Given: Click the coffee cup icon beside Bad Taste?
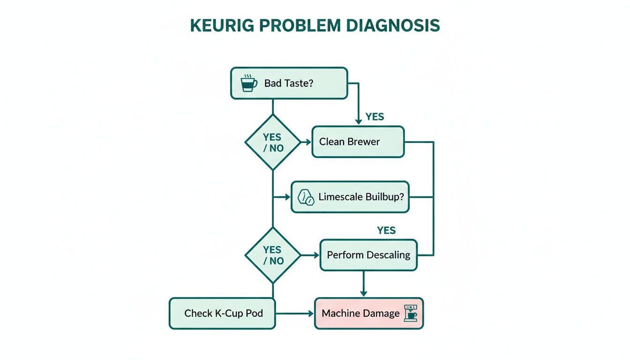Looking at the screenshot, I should pos(248,83).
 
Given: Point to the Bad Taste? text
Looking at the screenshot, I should pos(289,83).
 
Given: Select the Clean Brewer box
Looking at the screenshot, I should pos(358,142).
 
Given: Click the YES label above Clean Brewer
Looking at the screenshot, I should pos(375,117).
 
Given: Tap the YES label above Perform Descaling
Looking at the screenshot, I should pos(386,231).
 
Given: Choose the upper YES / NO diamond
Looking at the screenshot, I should pos(272,142).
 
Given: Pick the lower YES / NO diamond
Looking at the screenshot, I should pos(272,255).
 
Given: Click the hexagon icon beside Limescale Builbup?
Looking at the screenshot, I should pos(306,197).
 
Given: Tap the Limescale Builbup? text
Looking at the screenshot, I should pos(361,197).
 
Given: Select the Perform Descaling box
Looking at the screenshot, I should pos(368,255).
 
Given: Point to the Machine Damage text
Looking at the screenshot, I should pos(361,313).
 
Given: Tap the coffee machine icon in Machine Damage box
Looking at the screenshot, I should pos(412,313).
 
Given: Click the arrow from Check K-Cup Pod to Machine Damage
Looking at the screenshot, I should pos(295,313).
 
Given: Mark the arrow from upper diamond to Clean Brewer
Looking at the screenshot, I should pos(306,142).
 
